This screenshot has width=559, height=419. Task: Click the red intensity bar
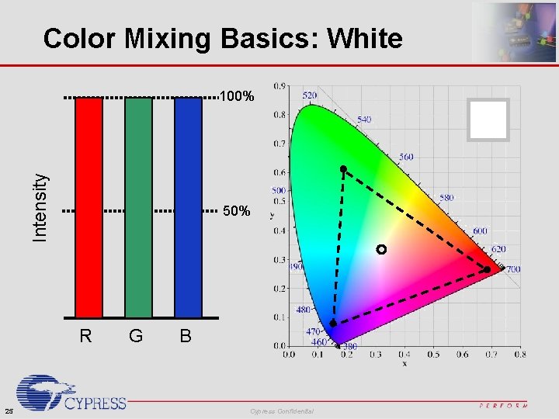coord(89,207)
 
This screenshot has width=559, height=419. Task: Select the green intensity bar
coord(138,207)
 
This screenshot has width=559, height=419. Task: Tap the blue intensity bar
coord(188,207)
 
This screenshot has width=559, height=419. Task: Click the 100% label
coord(237,98)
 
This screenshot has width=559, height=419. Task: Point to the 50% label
coord(237,211)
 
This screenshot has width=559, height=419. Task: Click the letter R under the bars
coord(86,336)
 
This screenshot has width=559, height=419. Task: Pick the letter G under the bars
coord(136,336)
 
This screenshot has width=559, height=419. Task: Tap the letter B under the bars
coord(186,336)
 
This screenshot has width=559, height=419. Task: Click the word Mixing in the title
coord(176,38)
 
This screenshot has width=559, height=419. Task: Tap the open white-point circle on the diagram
coord(380,249)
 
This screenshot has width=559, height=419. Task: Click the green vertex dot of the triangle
coord(342,168)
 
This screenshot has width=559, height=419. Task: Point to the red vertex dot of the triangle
coord(487,269)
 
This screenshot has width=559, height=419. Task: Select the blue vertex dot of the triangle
coord(333,323)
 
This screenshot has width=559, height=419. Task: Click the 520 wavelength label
coord(309,95)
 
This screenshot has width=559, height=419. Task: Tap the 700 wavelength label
coord(513,269)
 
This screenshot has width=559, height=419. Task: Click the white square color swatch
coord(489,120)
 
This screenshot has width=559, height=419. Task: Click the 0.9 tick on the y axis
coord(278,85)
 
